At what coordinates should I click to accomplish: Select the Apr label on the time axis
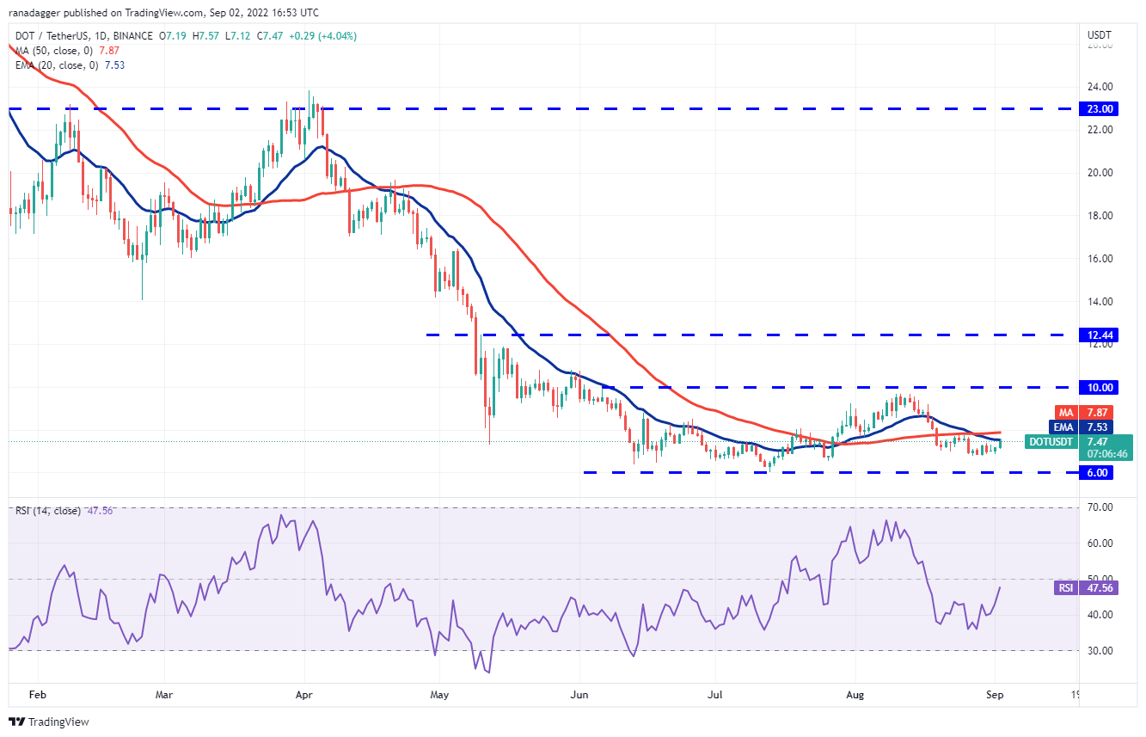[x=302, y=692]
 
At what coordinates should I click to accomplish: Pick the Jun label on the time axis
[x=580, y=692]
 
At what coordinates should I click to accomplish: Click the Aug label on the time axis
[x=855, y=692]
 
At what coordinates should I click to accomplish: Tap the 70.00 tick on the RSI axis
[x=1100, y=507]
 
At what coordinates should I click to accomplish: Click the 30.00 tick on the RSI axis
[x=1100, y=650]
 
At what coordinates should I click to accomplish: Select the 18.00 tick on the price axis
[x=1100, y=215]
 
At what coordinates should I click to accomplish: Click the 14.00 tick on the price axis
[x=1100, y=301]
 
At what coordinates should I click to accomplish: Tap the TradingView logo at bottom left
[x=49, y=722]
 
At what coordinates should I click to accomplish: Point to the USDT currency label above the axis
[x=1100, y=35]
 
